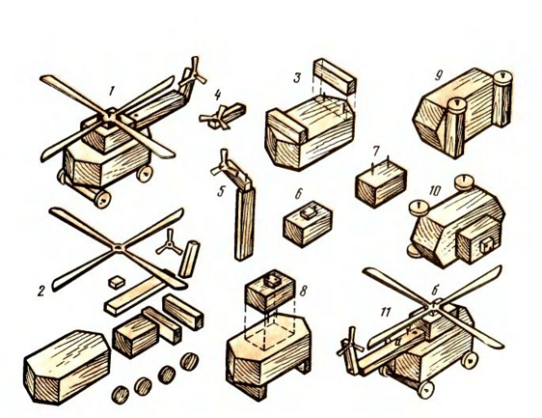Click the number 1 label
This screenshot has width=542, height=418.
[x=111, y=91]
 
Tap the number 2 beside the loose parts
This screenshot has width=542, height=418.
[x=41, y=291]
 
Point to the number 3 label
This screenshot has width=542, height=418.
[x=297, y=77]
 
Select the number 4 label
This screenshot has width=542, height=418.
[x=217, y=95]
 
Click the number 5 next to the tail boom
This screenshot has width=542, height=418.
[x=221, y=191]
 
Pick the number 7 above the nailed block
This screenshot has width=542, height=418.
[x=376, y=151]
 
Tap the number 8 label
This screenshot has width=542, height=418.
[x=303, y=292]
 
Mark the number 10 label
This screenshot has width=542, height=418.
[x=435, y=191]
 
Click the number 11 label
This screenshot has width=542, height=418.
[x=385, y=312]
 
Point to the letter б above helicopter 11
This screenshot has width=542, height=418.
[x=435, y=292]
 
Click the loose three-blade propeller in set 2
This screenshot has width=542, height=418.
[x=169, y=243]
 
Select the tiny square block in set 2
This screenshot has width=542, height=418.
[x=117, y=282]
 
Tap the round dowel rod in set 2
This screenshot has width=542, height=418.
[x=189, y=259]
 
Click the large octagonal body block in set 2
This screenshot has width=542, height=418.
[x=67, y=367]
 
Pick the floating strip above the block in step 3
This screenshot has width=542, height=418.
[x=335, y=76]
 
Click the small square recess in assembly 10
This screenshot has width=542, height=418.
[x=487, y=244]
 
